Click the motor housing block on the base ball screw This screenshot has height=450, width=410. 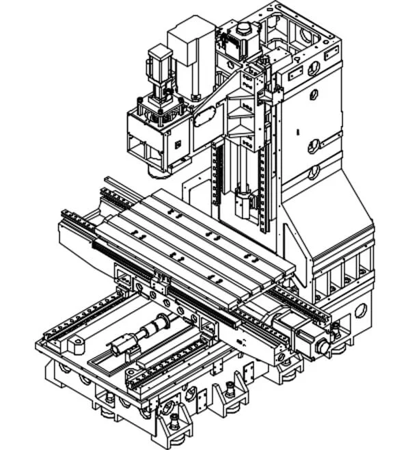pos(123,345)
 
